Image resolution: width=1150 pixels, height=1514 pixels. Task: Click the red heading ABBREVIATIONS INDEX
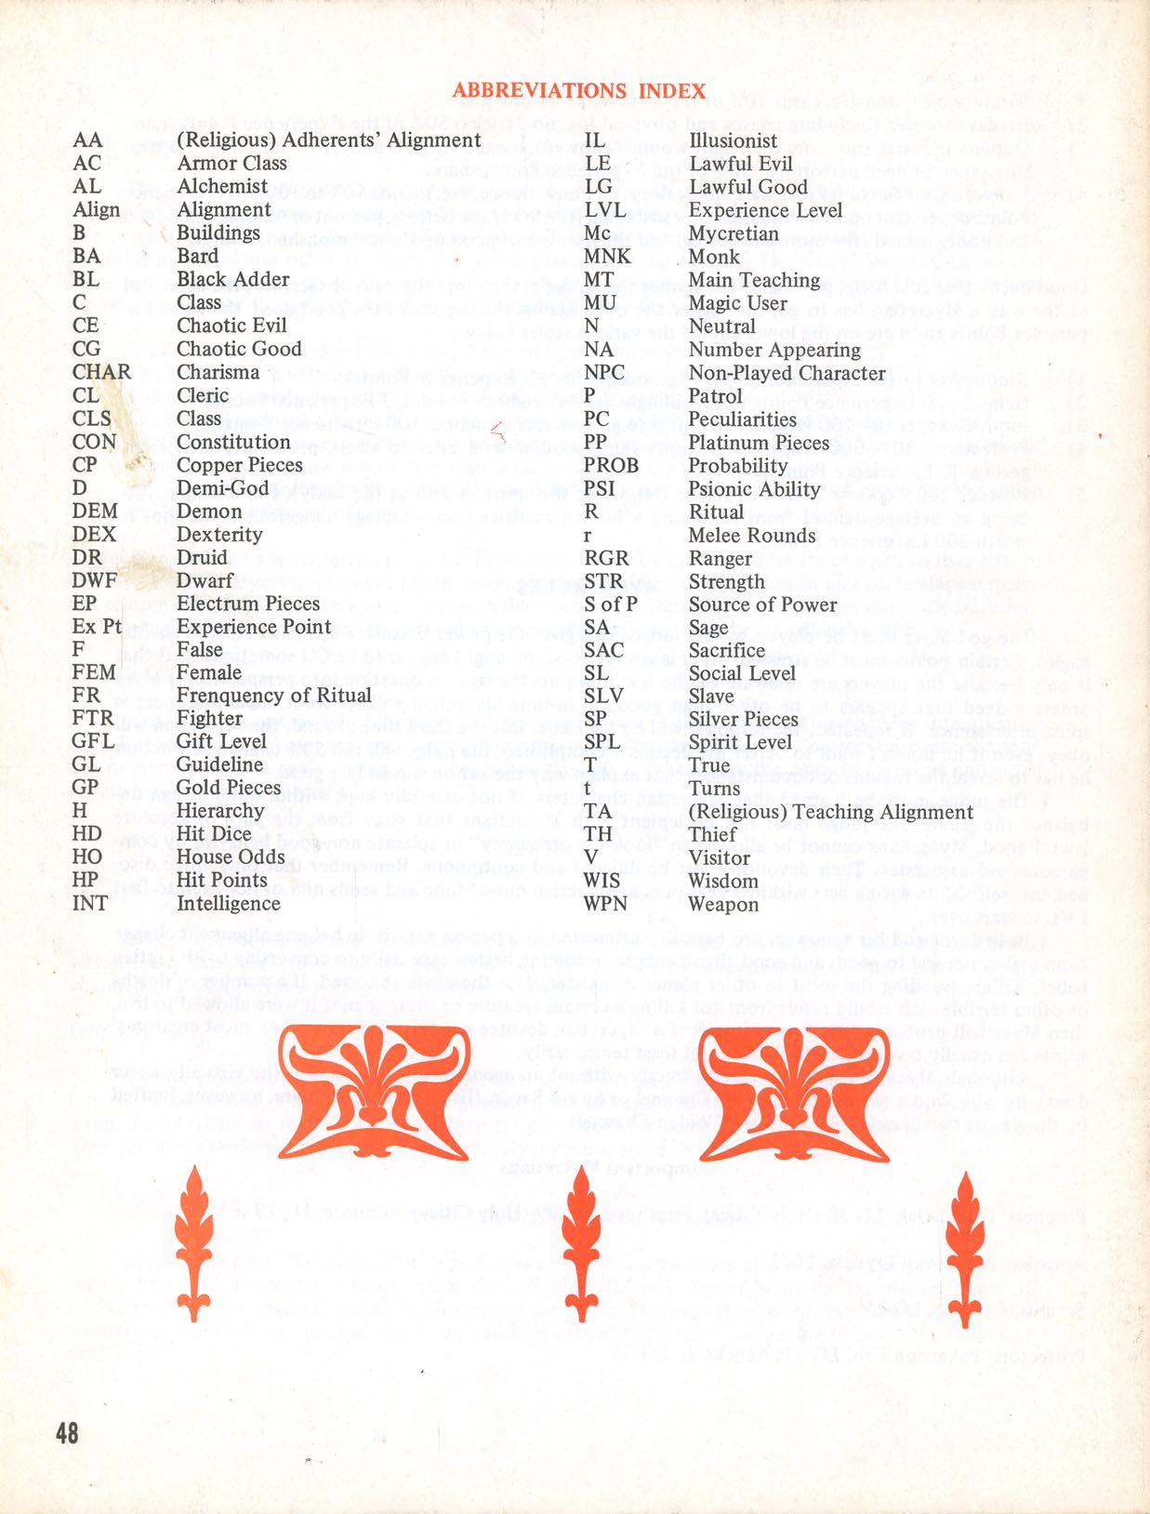pyautogui.click(x=578, y=90)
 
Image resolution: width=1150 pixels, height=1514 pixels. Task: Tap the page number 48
pyautogui.click(x=67, y=1432)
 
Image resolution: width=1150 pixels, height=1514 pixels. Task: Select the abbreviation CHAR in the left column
pyautogui.click(x=101, y=372)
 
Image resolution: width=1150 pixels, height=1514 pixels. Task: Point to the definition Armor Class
pyautogui.click(x=231, y=163)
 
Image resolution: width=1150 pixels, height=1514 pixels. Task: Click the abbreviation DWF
pyautogui.click(x=95, y=580)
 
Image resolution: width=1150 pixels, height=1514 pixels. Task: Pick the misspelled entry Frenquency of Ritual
pyautogui.click(x=273, y=696)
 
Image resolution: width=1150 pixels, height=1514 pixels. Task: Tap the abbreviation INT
pyautogui.click(x=89, y=903)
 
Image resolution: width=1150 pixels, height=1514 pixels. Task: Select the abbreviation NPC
pyautogui.click(x=603, y=373)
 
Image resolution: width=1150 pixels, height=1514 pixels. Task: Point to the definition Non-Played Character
pyautogui.click(x=786, y=373)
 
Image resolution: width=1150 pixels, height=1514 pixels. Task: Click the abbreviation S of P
pyautogui.click(x=610, y=604)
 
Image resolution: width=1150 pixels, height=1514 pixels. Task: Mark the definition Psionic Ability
pyautogui.click(x=754, y=489)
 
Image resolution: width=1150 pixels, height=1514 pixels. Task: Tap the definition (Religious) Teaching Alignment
pyautogui.click(x=830, y=812)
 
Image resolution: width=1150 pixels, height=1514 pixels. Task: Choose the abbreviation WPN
pyautogui.click(x=605, y=904)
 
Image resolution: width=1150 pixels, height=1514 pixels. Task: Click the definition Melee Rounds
pyautogui.click(x=751, y=536)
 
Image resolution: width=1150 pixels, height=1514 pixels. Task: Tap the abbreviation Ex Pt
pyautogui.click(x=97, y=627)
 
